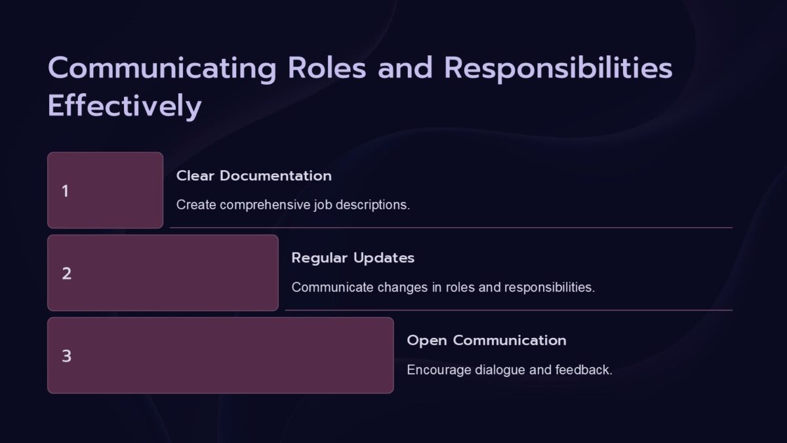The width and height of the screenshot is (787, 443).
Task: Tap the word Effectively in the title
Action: [x=124, y=107]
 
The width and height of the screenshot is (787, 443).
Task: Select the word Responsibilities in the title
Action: [x=559, y=70]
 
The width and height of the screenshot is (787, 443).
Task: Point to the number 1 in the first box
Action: [x=65, y=191]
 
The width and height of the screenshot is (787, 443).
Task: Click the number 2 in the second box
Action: [x=66, y=274]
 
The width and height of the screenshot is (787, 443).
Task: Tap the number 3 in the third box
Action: [x=66, y=356]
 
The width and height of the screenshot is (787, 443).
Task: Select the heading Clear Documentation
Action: [x=254, y=176]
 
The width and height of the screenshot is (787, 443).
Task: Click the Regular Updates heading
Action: [x=353, y=258]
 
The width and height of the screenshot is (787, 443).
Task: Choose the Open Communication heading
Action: [x=486, y=341]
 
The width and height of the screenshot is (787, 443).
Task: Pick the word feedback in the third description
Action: [x=583, y=370]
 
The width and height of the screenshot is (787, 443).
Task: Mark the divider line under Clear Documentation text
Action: [x=451, y=228]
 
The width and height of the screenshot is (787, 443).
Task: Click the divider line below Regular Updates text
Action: [x=508, y=310]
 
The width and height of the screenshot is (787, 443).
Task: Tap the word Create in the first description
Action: [x=196, y=205]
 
